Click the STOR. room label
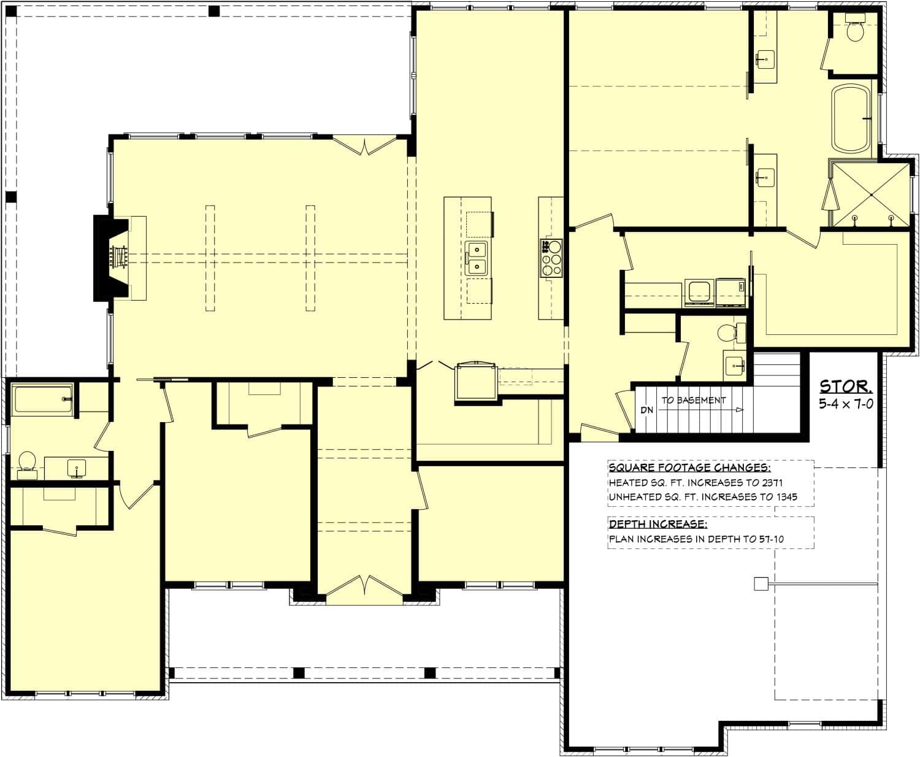pos(846,386)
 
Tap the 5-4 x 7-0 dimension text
pos(846,404)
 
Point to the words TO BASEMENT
pos(693,400)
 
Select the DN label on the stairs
pos(646,410)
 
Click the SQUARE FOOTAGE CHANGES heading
pos(689,468)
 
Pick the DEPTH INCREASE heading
pos(657,525)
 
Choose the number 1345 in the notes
pos(784,497)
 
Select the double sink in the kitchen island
pos(476,258)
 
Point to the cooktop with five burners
pos(551,258)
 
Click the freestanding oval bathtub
pos(851,121)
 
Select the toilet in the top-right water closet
pos(855,31)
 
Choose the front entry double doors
pos(366,586)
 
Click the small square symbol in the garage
pos(761,584)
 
